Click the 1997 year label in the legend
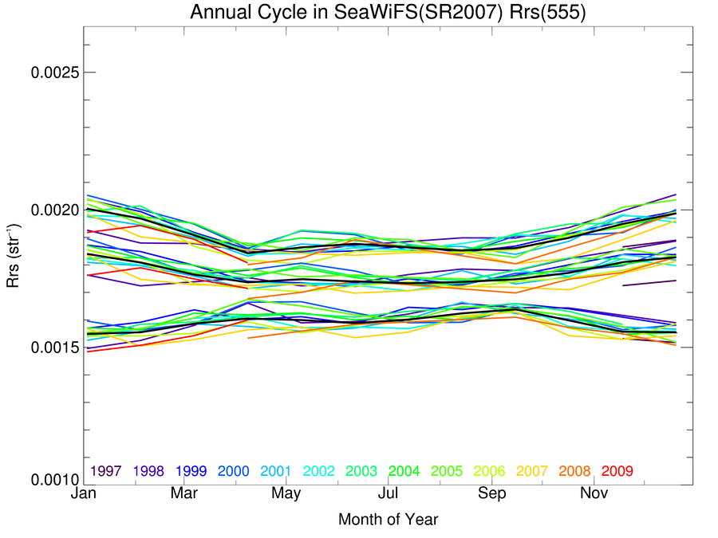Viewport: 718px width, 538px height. click(106, 471)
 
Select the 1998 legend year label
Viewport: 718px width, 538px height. click(149, 471)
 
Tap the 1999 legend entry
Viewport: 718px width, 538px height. click(192, 471)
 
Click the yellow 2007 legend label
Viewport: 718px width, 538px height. click(532, 471)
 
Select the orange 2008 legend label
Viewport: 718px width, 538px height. click(574, 471)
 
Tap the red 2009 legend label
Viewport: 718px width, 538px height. click(617, 471)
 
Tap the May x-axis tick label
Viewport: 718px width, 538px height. click(286, 495)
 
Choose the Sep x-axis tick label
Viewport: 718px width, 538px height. click(492, 495)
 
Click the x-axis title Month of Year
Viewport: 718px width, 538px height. click(388, 520)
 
